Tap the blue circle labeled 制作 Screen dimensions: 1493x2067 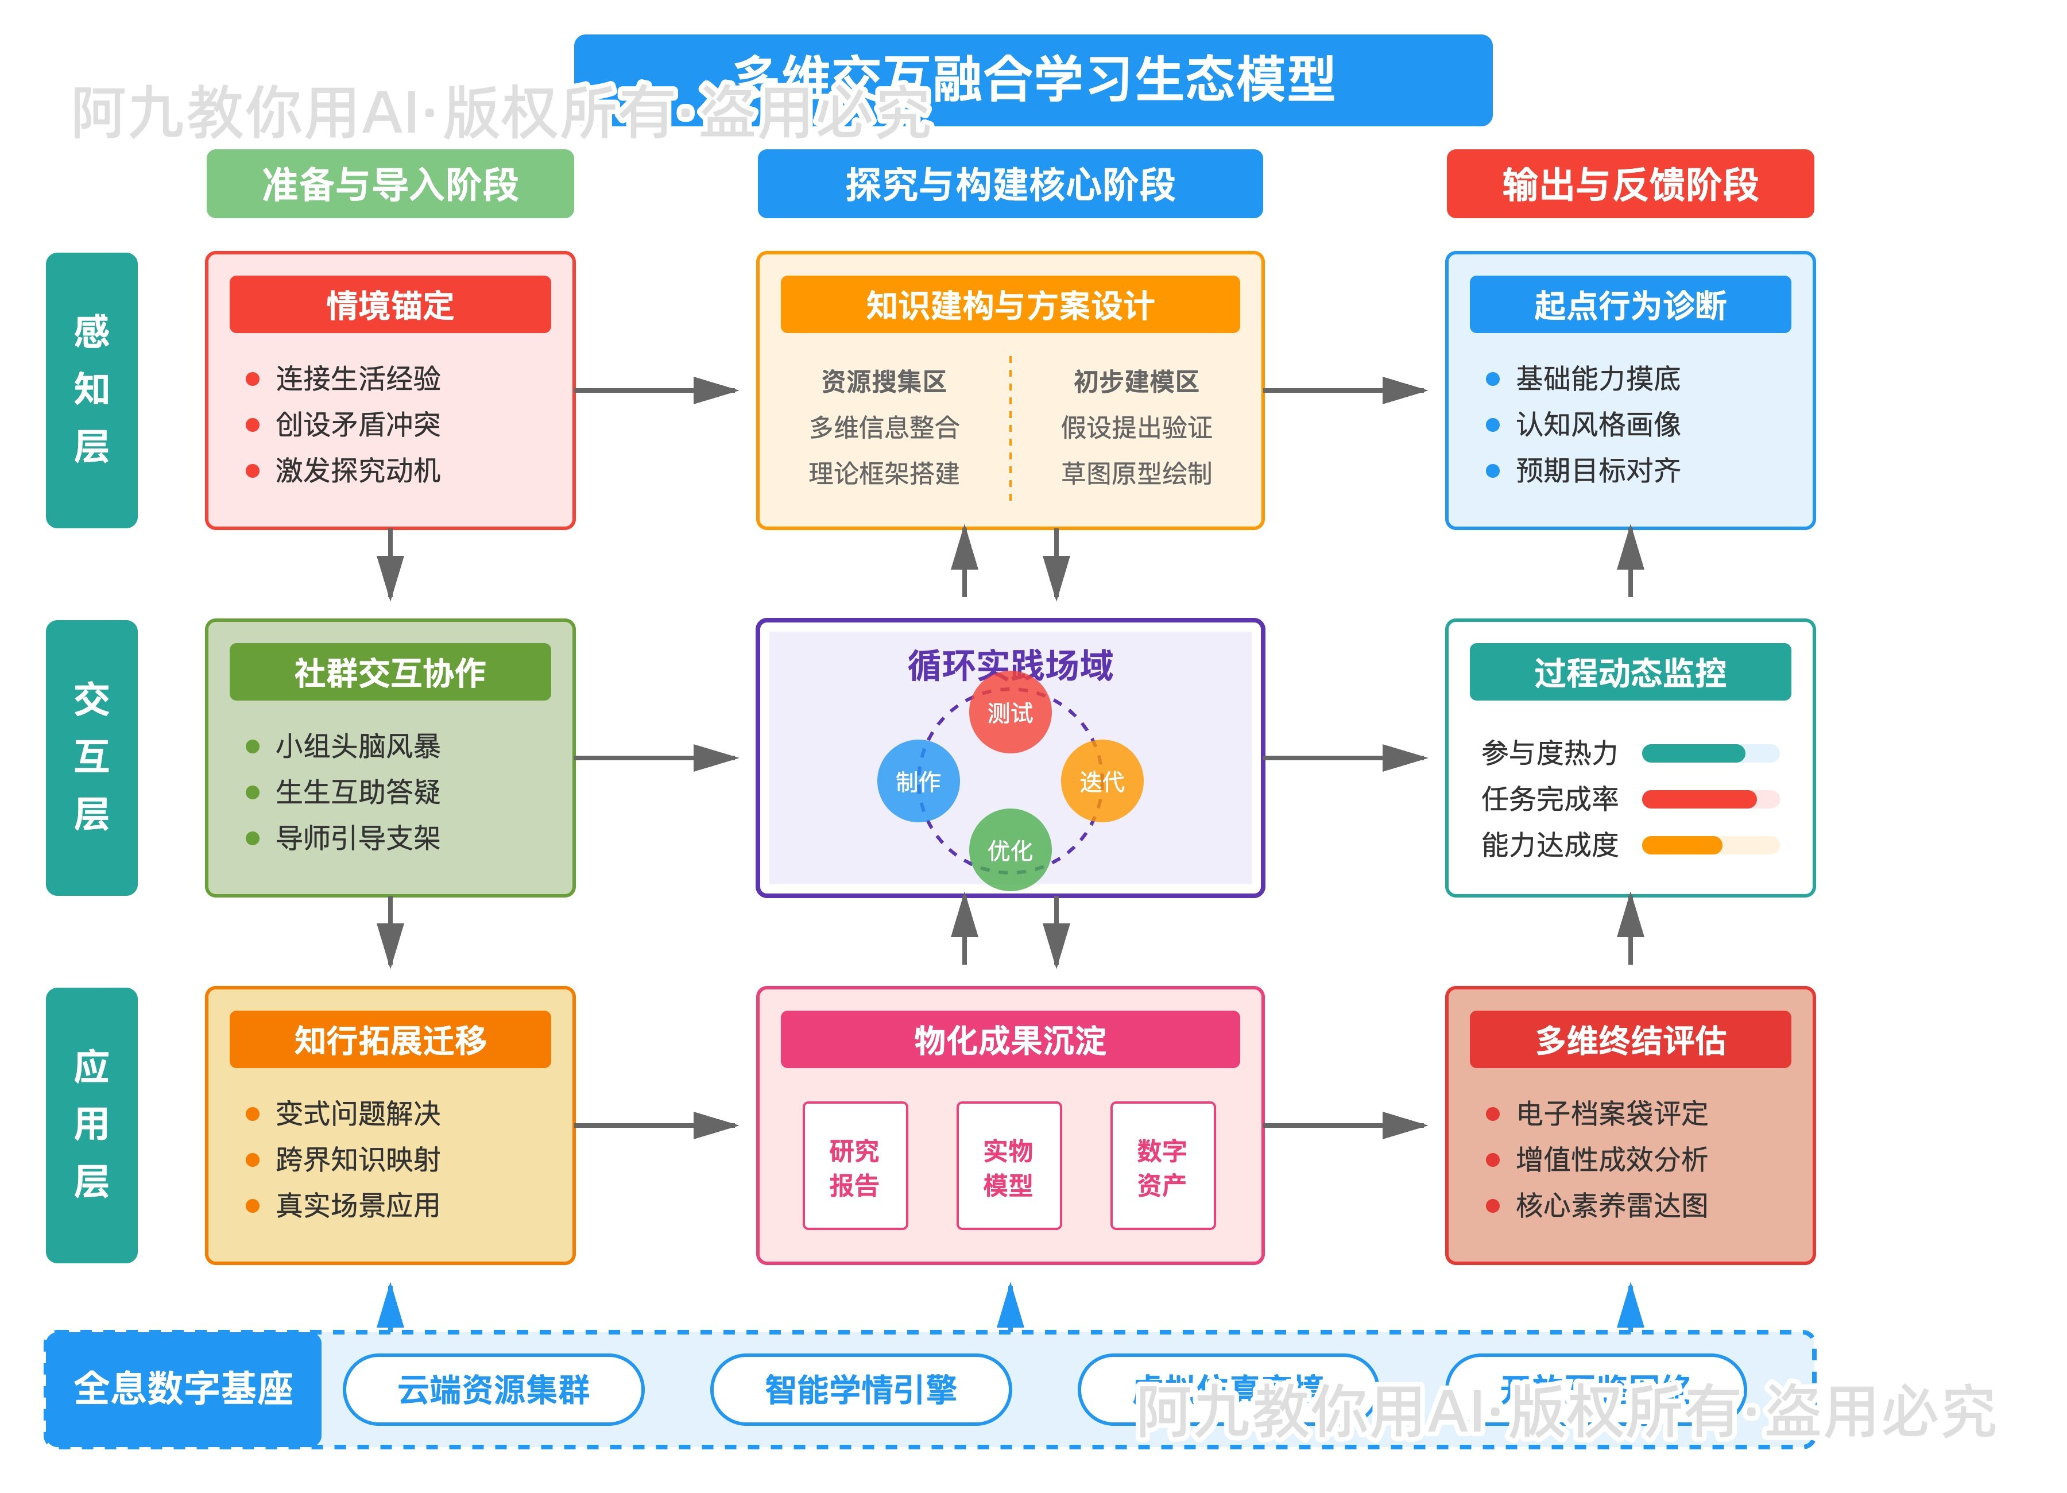[x=918, y=781]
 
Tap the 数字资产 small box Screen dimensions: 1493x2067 [x=1162, y=1166]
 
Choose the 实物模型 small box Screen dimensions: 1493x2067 [x=1008, y=1166]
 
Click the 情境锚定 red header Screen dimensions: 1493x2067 [x=390, y=304]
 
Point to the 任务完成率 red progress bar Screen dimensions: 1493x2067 [x=1699, y=799]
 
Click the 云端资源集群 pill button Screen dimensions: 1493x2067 [x=493, y=1389]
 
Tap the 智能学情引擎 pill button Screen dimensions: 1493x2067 [x=860, y=1389]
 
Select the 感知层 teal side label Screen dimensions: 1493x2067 [x=91, y=390]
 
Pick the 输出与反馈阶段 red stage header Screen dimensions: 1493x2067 [x=1629, y=184]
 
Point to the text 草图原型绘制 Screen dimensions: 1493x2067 [x=1136, y=473]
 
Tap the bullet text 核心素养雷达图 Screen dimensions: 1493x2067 [x=1611, y=1205]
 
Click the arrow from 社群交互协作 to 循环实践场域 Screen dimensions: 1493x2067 [x=656, y=757]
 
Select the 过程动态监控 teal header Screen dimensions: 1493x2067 [x=1629, y=672]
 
